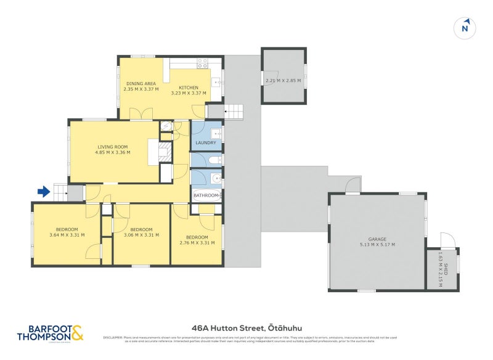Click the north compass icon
pyautogui.click(x=466, y=27)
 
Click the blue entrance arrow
pyautogui.click(x=43, y=192)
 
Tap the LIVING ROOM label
pyautogui.click(x=112, y=147)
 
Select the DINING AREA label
pyautogui.click(x=141, y=83)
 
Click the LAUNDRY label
pyautogui.click(x=205, y=142)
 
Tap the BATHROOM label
pyautogui.click(x=205, y=195)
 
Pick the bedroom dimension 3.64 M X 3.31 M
pyautogui.click(x=67, y=234)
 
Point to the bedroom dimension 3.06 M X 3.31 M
pyautogui.click(x=141, y=234)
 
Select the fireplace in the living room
pyautogui.click(x=164, y=151)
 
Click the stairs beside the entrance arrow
pyautogui.click(x=59, y=192)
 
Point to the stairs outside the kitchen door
pyautogui.click(x=234, y=112)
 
